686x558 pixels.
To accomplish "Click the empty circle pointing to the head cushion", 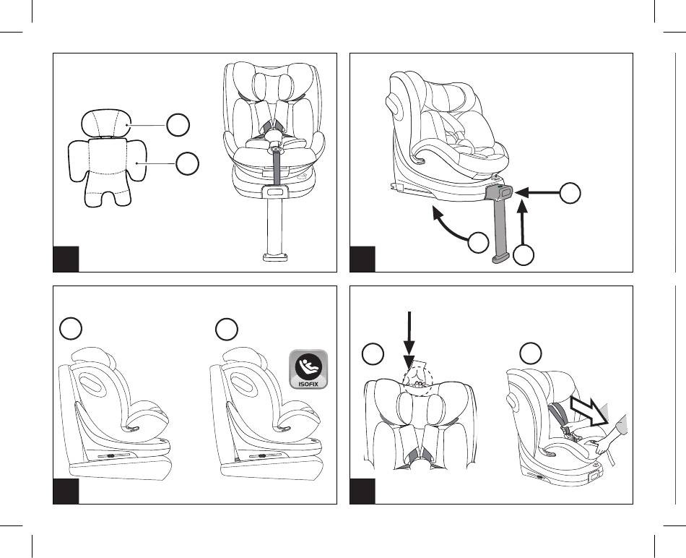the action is (178, 125).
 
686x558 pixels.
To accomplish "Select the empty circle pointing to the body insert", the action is (188, 164).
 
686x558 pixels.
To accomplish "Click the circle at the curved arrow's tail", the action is (477, 243).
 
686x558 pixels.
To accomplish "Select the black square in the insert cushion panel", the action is (66, 259).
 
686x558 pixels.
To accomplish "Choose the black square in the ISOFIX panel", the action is (66, 492).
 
